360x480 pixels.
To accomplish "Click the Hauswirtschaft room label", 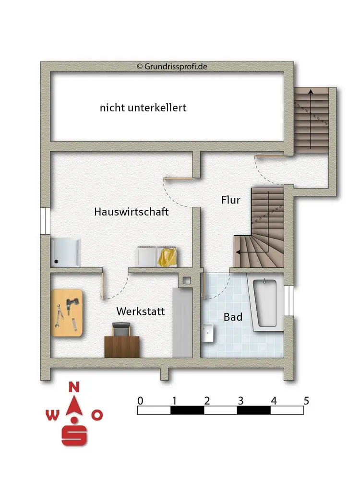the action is point(131,212).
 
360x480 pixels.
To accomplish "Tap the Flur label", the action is point(230,200).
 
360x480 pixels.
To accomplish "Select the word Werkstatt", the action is point(140,312).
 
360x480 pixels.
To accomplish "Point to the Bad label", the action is point(233,317).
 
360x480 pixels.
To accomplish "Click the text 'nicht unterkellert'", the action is point(143,108).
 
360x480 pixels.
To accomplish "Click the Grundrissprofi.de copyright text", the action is point(172,67).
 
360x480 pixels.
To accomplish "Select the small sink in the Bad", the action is point(208,332).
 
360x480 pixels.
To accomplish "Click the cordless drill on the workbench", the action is point(72,304).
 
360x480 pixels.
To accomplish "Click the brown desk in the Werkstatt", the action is point(122,347).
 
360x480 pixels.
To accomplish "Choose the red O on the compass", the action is point(97,415).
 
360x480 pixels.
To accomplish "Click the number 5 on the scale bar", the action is point(306,400).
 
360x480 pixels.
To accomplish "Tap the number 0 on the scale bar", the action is point(140,400).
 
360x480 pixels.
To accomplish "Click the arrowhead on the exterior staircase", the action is point(311,91).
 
